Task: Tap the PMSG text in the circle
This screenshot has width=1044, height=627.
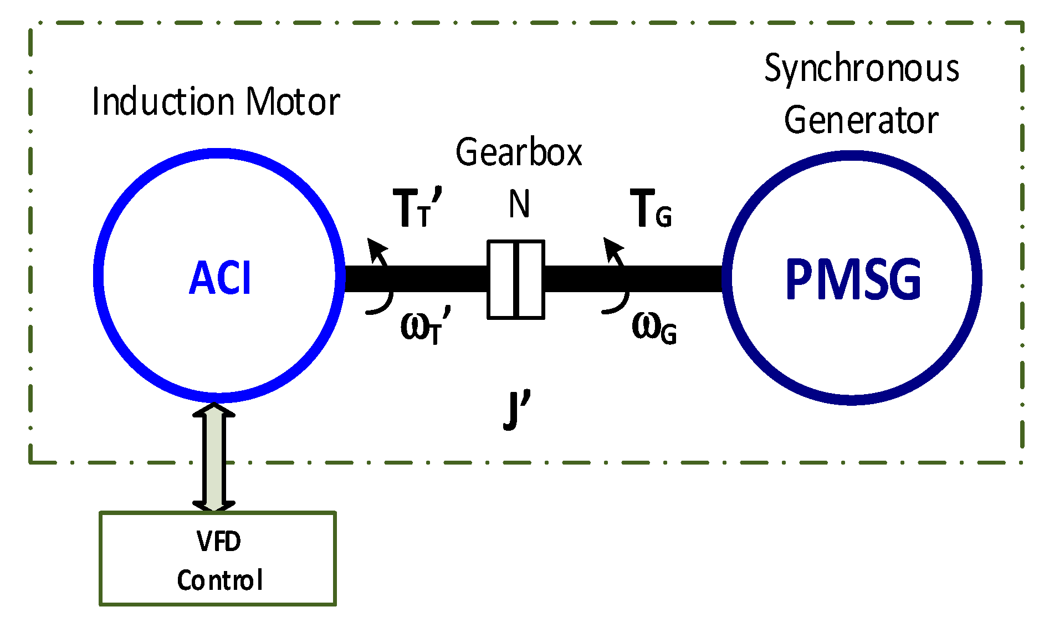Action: [x=853, y=279]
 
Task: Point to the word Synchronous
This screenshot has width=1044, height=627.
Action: [x=862, y=69]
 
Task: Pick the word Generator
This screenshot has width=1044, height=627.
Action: [x=861, y=120]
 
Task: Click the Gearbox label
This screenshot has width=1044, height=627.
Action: [x=519, y=152]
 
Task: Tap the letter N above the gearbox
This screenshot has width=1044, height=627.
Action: [x=519, y=204]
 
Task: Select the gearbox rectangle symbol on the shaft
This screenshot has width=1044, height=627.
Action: [x=515, y=279]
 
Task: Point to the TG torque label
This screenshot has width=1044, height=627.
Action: [x=651, y=209]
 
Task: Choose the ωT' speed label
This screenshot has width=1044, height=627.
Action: [x=424, y=327]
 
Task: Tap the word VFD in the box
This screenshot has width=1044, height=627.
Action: [x=218, y=541]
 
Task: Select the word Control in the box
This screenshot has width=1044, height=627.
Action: [x=219, y=580]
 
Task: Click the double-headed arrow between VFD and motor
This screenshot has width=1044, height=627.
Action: [x=214, y=457]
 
